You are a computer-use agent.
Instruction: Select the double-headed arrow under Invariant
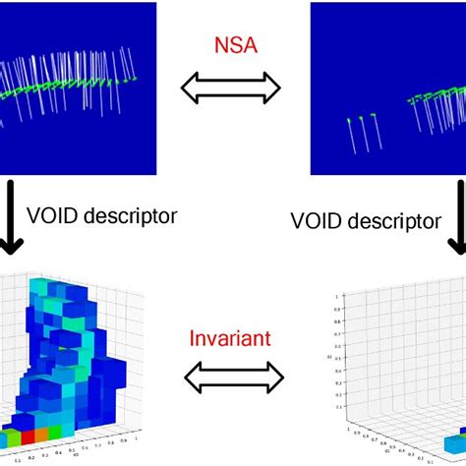pyautogui.click(x=232, y=375)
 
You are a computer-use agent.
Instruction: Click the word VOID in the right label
pyautogui.click(x=316, y=221)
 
